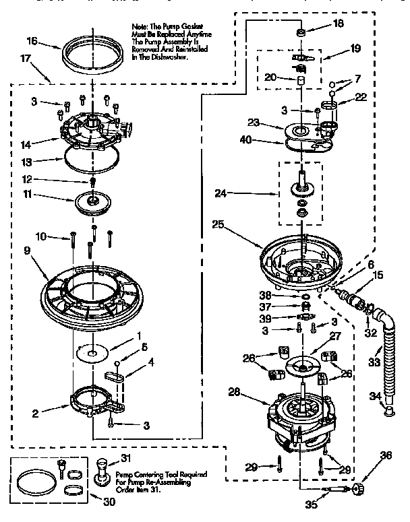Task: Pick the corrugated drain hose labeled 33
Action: click(x=389, y=364)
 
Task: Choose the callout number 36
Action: click(x=386, y=455)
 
